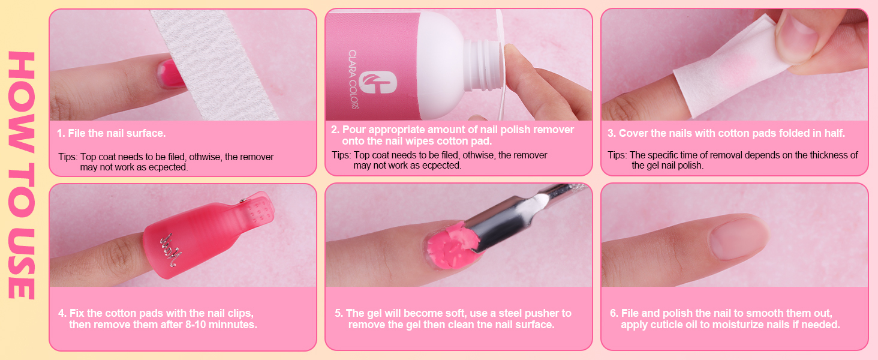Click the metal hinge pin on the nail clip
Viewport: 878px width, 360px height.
click(x=243, y=200)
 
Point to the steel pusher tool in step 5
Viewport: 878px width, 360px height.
click(x=525, y=220)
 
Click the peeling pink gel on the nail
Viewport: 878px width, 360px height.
click(x=452, y=245)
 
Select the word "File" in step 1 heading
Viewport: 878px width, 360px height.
click(x=77, y=133)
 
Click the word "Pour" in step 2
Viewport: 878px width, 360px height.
click(x=354, y=130)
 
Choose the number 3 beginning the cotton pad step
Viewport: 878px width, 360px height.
click(x=611, y=133)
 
